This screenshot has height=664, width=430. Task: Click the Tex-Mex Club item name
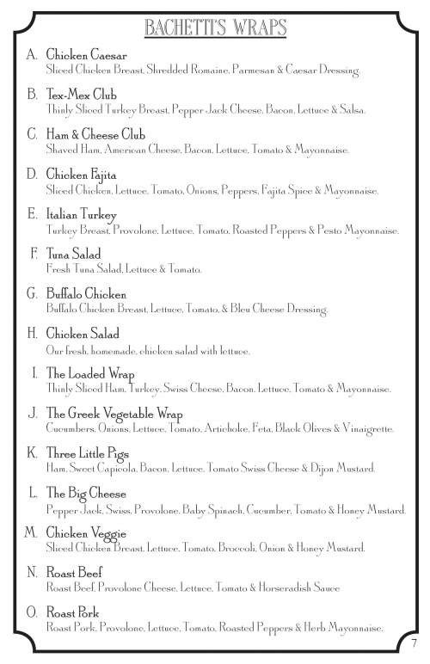click(81, 94)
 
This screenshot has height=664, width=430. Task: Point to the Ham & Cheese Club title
click(95, 134)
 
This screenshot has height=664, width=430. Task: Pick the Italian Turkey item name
click(82, 214)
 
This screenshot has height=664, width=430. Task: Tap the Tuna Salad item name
click(74, 255)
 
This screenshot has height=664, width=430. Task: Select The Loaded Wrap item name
click(86, 374)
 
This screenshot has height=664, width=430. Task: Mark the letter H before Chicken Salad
click(32, 334)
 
